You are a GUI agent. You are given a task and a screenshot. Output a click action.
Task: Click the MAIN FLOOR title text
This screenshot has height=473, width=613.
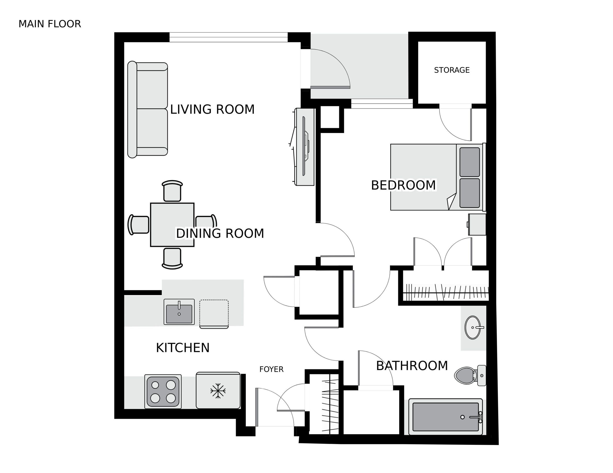point(50,24)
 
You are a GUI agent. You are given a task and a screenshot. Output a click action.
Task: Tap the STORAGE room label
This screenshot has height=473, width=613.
point(452,70)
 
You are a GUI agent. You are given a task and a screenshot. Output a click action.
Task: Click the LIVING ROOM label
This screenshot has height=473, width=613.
point(212,109)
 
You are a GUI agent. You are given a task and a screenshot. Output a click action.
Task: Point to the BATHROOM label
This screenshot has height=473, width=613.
point(412,366)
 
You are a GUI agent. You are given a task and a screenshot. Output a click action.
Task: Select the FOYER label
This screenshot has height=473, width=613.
point(271,369)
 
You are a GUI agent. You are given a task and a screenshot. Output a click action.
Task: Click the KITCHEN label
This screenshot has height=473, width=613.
point(183,348)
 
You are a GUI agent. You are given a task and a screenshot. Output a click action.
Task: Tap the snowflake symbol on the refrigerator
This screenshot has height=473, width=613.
point(218,391)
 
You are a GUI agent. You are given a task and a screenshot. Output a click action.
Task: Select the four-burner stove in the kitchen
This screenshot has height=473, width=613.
point(163,392)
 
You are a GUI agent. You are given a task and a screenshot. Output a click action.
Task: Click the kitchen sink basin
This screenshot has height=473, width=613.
point(179,314)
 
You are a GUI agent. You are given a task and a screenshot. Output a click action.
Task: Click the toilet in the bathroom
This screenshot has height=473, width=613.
point(470,375)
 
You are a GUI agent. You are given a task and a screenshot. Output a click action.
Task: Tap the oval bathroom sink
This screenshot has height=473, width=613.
point(473,327)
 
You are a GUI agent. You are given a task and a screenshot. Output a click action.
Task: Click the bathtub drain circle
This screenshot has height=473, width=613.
point(462,417)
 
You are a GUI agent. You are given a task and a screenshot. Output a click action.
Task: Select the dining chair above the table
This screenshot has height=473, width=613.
point(172,191)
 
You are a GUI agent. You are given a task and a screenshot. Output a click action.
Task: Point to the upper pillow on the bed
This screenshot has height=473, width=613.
point(470,162)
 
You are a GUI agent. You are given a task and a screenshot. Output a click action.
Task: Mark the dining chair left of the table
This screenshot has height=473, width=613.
point(138,225)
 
